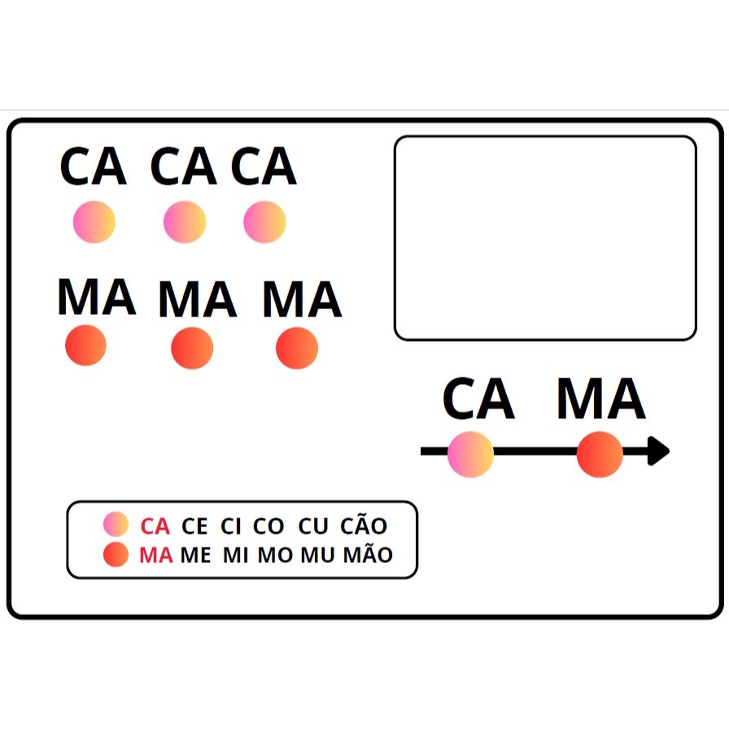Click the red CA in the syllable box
(x=155, y=526)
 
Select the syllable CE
(x=194, y=526)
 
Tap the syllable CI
(x=230, y=526)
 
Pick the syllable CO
(x=268, y=526)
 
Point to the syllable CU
(x=313, y=526)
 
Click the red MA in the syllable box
(x=155, y=555)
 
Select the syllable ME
(x=195, y=555)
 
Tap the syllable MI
(x=235, y=555)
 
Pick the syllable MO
(x=275, y=555)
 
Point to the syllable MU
(x=317, y=555)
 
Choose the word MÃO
(x=369, y=552)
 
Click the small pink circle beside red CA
(x=116, y=524)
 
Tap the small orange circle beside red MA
(x=116, y=554)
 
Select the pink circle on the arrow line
(x=470, y=454)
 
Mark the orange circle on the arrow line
(x=600, y=454)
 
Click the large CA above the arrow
(x=478, y=399)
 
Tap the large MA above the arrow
(x=601, y=399)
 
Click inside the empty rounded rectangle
(x=545, y=238)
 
